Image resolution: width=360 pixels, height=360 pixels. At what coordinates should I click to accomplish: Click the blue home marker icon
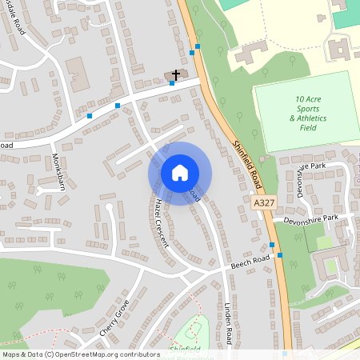coord(179,172)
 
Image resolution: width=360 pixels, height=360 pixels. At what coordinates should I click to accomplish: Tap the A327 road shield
coord(260,204)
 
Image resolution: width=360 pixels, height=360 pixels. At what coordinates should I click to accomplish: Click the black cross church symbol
coord(176,74)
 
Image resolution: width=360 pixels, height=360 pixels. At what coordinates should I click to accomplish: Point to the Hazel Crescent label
coord(162,222)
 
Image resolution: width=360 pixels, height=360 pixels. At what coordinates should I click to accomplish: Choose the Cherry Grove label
coord(114,318)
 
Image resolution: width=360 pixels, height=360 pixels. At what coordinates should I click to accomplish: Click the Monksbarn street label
coord(58,172)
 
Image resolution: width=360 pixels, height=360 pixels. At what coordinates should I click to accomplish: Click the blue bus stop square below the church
coord(172,83)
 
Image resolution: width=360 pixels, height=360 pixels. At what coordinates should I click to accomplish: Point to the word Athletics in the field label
coord(308,118)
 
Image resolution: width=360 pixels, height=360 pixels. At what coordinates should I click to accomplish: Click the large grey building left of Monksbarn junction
coord(78,74)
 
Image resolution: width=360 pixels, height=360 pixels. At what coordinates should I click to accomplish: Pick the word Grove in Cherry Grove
coord(121,308)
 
